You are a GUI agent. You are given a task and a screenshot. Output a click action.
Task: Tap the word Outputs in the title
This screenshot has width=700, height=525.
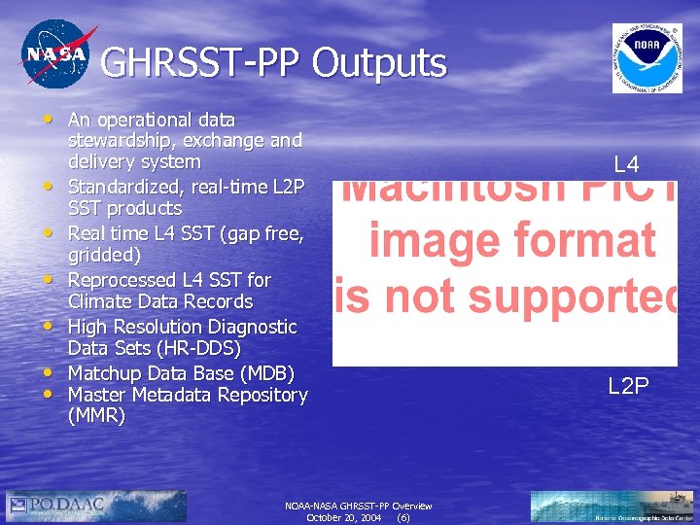(378, 63)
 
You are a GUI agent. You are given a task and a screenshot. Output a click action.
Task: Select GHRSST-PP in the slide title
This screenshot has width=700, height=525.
(200, 63)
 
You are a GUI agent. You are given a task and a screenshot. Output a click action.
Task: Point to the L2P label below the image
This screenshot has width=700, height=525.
(628, 386)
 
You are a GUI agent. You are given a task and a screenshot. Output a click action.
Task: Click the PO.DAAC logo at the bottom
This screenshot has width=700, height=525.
(55, 505)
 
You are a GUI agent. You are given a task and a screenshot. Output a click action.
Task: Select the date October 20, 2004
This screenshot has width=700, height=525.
(343, 518)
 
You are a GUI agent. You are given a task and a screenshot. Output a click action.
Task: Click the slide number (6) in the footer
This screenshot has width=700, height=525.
(403, 518)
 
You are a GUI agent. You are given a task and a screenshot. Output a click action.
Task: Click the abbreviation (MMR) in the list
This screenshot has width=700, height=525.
(96, 416)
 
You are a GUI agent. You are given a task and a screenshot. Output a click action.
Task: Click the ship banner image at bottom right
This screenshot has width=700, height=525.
(612, 506)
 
